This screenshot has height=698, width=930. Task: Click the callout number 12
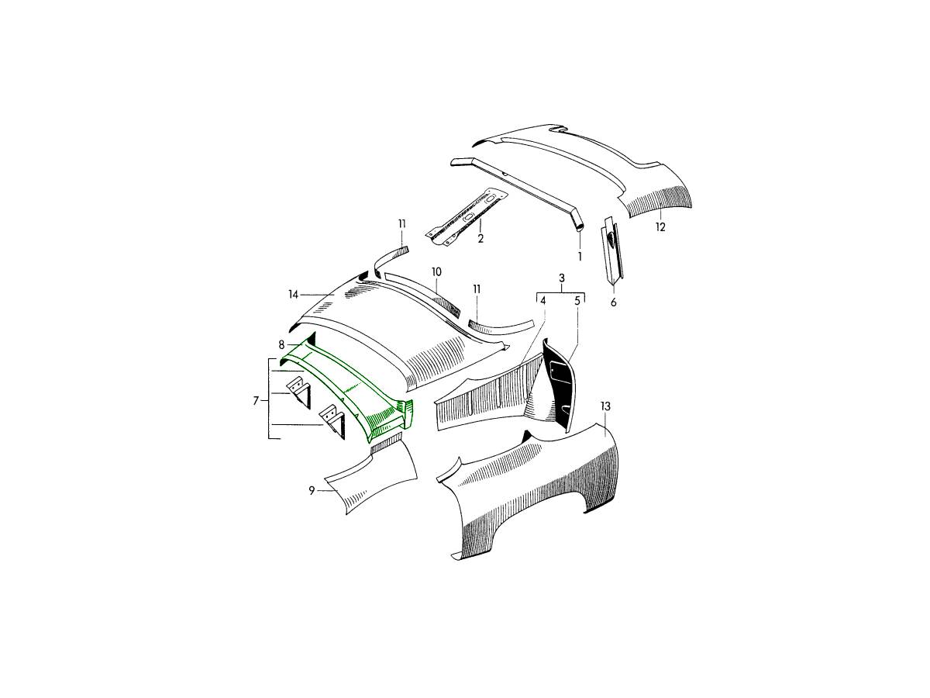pos(660,227)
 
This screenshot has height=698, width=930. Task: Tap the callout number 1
pos(580,257)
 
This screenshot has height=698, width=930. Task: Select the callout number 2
pos(480,238)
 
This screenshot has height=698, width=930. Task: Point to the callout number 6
pos(613,302)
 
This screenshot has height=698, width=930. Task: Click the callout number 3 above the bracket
pos(561,278)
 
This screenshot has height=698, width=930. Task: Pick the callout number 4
pos(542,301)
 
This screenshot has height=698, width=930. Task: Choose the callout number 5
pos(577,301)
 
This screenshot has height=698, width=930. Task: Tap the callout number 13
pos(605,406)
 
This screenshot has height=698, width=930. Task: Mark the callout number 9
pos(312,491)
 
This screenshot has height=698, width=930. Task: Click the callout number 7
pos(256,400)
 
